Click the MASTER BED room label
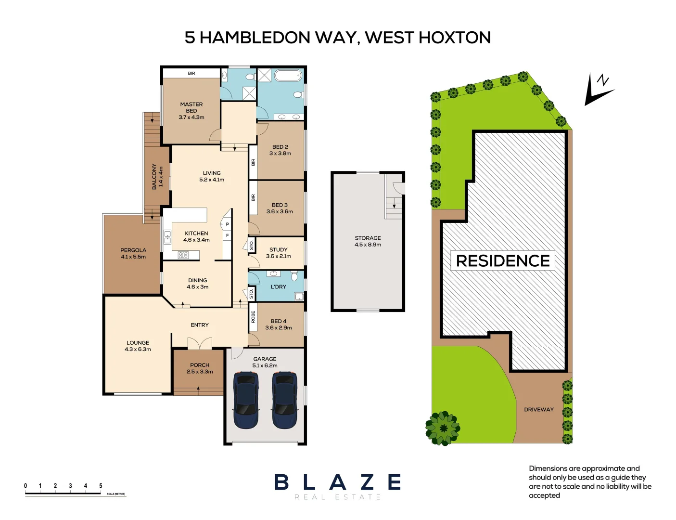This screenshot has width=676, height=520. [191, 110]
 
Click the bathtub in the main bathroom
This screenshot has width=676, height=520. [288, 76]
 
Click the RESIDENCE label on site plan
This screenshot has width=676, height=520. [503, 260]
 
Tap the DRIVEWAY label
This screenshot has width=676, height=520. [538, 410]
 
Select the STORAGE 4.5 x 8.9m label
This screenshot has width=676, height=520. [368, 241]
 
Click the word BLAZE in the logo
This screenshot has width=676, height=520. [338, 482]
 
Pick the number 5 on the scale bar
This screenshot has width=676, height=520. [101, 486]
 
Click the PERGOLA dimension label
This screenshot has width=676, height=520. [133, 253]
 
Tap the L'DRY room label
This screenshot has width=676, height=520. [278, 286]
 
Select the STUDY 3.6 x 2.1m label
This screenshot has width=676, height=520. [278, 253]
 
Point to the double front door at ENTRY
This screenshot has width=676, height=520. [199, 344]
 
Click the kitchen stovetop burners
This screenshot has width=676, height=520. [183, 255]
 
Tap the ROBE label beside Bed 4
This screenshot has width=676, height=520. [253, 317]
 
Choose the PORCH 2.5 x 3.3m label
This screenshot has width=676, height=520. [200, 368]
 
